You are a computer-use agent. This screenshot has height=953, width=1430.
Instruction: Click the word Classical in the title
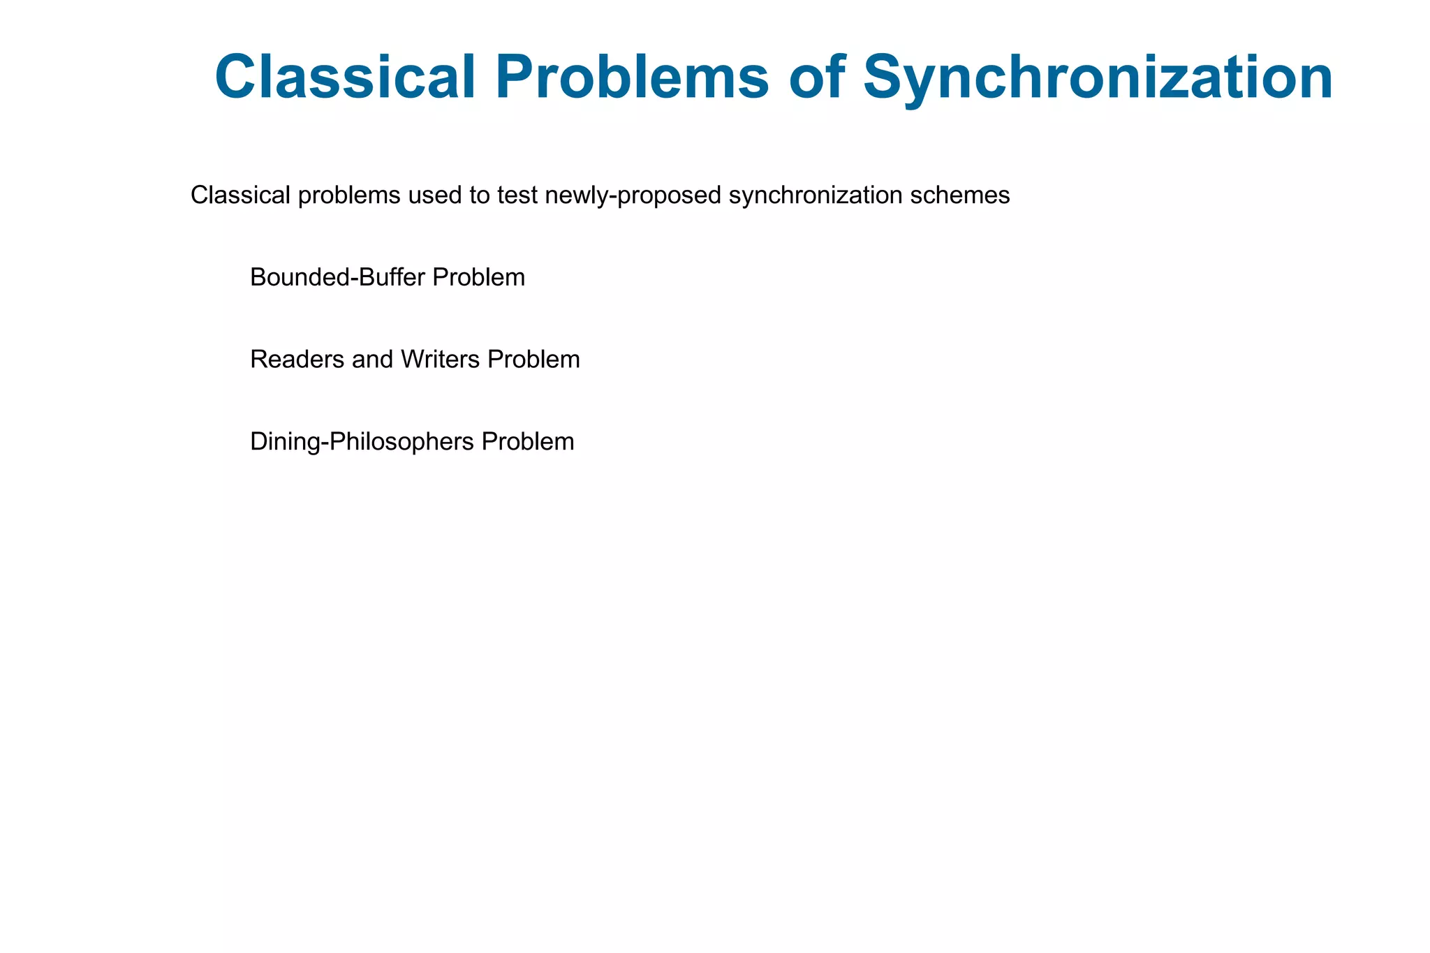point(346,77)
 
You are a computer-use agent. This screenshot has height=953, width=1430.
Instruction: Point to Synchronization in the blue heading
point(1098,77)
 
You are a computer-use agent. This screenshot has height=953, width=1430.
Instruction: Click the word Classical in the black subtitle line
point(240,195)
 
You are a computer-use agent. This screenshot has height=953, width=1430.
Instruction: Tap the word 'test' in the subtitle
point(517,195)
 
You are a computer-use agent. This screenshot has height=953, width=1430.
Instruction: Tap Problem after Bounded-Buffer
point(478,278)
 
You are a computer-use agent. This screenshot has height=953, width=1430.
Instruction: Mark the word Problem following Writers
point(533,360)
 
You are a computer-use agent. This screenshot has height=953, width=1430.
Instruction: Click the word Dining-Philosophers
point(362,442)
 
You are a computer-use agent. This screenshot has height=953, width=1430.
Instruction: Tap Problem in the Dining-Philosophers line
point(528,442)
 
